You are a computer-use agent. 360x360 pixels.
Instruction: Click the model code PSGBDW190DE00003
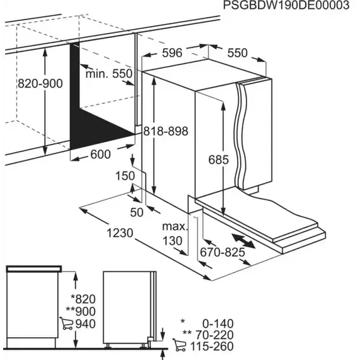coord(286,5)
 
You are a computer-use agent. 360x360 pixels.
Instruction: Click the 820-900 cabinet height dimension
coord(40,83)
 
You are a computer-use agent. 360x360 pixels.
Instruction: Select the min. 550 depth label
coord(109,74)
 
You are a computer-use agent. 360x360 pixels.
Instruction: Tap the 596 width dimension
coord(172,53)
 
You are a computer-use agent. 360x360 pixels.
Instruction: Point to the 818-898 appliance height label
coord(166,131)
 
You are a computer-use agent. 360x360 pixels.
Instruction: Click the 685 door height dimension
coord(219,160)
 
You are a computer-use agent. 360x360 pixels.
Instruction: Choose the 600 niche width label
coord(101,154)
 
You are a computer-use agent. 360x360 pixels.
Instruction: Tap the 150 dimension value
coord(125,176)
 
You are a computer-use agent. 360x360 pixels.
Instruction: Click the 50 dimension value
coord(137,212)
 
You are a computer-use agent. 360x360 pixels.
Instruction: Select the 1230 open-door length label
coord(120,233)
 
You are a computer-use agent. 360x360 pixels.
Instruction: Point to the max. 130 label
coord(175,234)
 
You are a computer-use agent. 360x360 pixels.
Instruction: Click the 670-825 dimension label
coord(222,252)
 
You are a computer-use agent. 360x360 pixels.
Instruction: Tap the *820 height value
coord(83,299)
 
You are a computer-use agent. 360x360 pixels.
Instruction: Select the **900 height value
coord(80,311)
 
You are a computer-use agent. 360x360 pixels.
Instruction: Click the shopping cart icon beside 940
coord(67,323)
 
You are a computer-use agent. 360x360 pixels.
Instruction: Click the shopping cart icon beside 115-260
coord(179,345)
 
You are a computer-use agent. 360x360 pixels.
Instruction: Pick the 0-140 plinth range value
coord(218,324)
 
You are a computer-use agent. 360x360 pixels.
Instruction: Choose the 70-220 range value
coord(214,335)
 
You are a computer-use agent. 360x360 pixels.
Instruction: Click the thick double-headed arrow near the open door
coord(243,241)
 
